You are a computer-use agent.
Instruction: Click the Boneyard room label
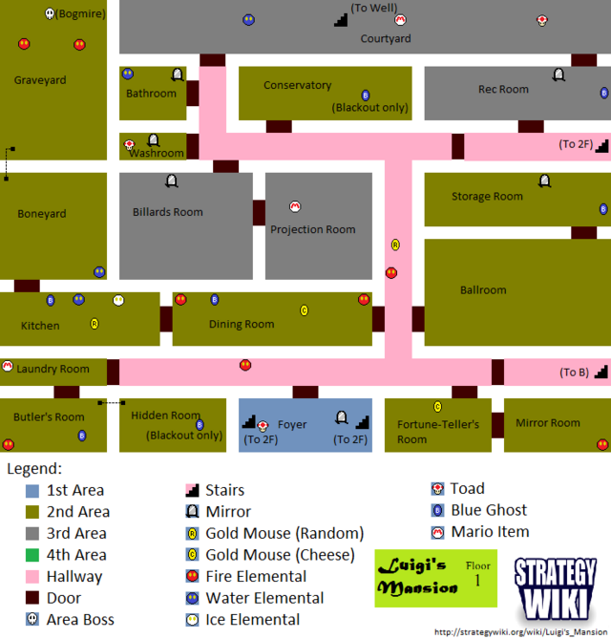tap(42, 214)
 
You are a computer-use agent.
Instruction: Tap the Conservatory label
tap(297, 86)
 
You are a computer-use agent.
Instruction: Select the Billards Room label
tap(168, 212)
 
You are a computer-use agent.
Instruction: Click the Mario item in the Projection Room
tap(295, 206)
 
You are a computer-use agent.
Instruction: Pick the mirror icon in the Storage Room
tap(544, 181)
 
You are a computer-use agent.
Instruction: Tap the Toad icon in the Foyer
tap(263, 425)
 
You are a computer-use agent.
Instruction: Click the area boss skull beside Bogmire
tap(50, 14)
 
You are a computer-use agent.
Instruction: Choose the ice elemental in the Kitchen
tap(118, 300)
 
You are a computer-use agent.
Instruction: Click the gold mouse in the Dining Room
tap(304, 310)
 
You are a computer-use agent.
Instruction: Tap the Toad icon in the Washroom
tap(130, 145)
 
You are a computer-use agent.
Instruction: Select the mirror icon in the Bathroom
tap(177, 74)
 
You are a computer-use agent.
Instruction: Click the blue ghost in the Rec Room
tap(603, 94)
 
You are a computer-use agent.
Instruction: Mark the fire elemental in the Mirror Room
tap(602, 444)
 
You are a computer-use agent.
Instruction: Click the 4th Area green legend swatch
tap(33, 555)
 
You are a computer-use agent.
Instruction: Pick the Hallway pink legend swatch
tap(33, 577)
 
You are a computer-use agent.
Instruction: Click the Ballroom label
tap(483, 289)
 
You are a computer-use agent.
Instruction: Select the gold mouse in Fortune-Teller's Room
tap(437, 407)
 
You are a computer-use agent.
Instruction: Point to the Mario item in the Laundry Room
tap(8, 366)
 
